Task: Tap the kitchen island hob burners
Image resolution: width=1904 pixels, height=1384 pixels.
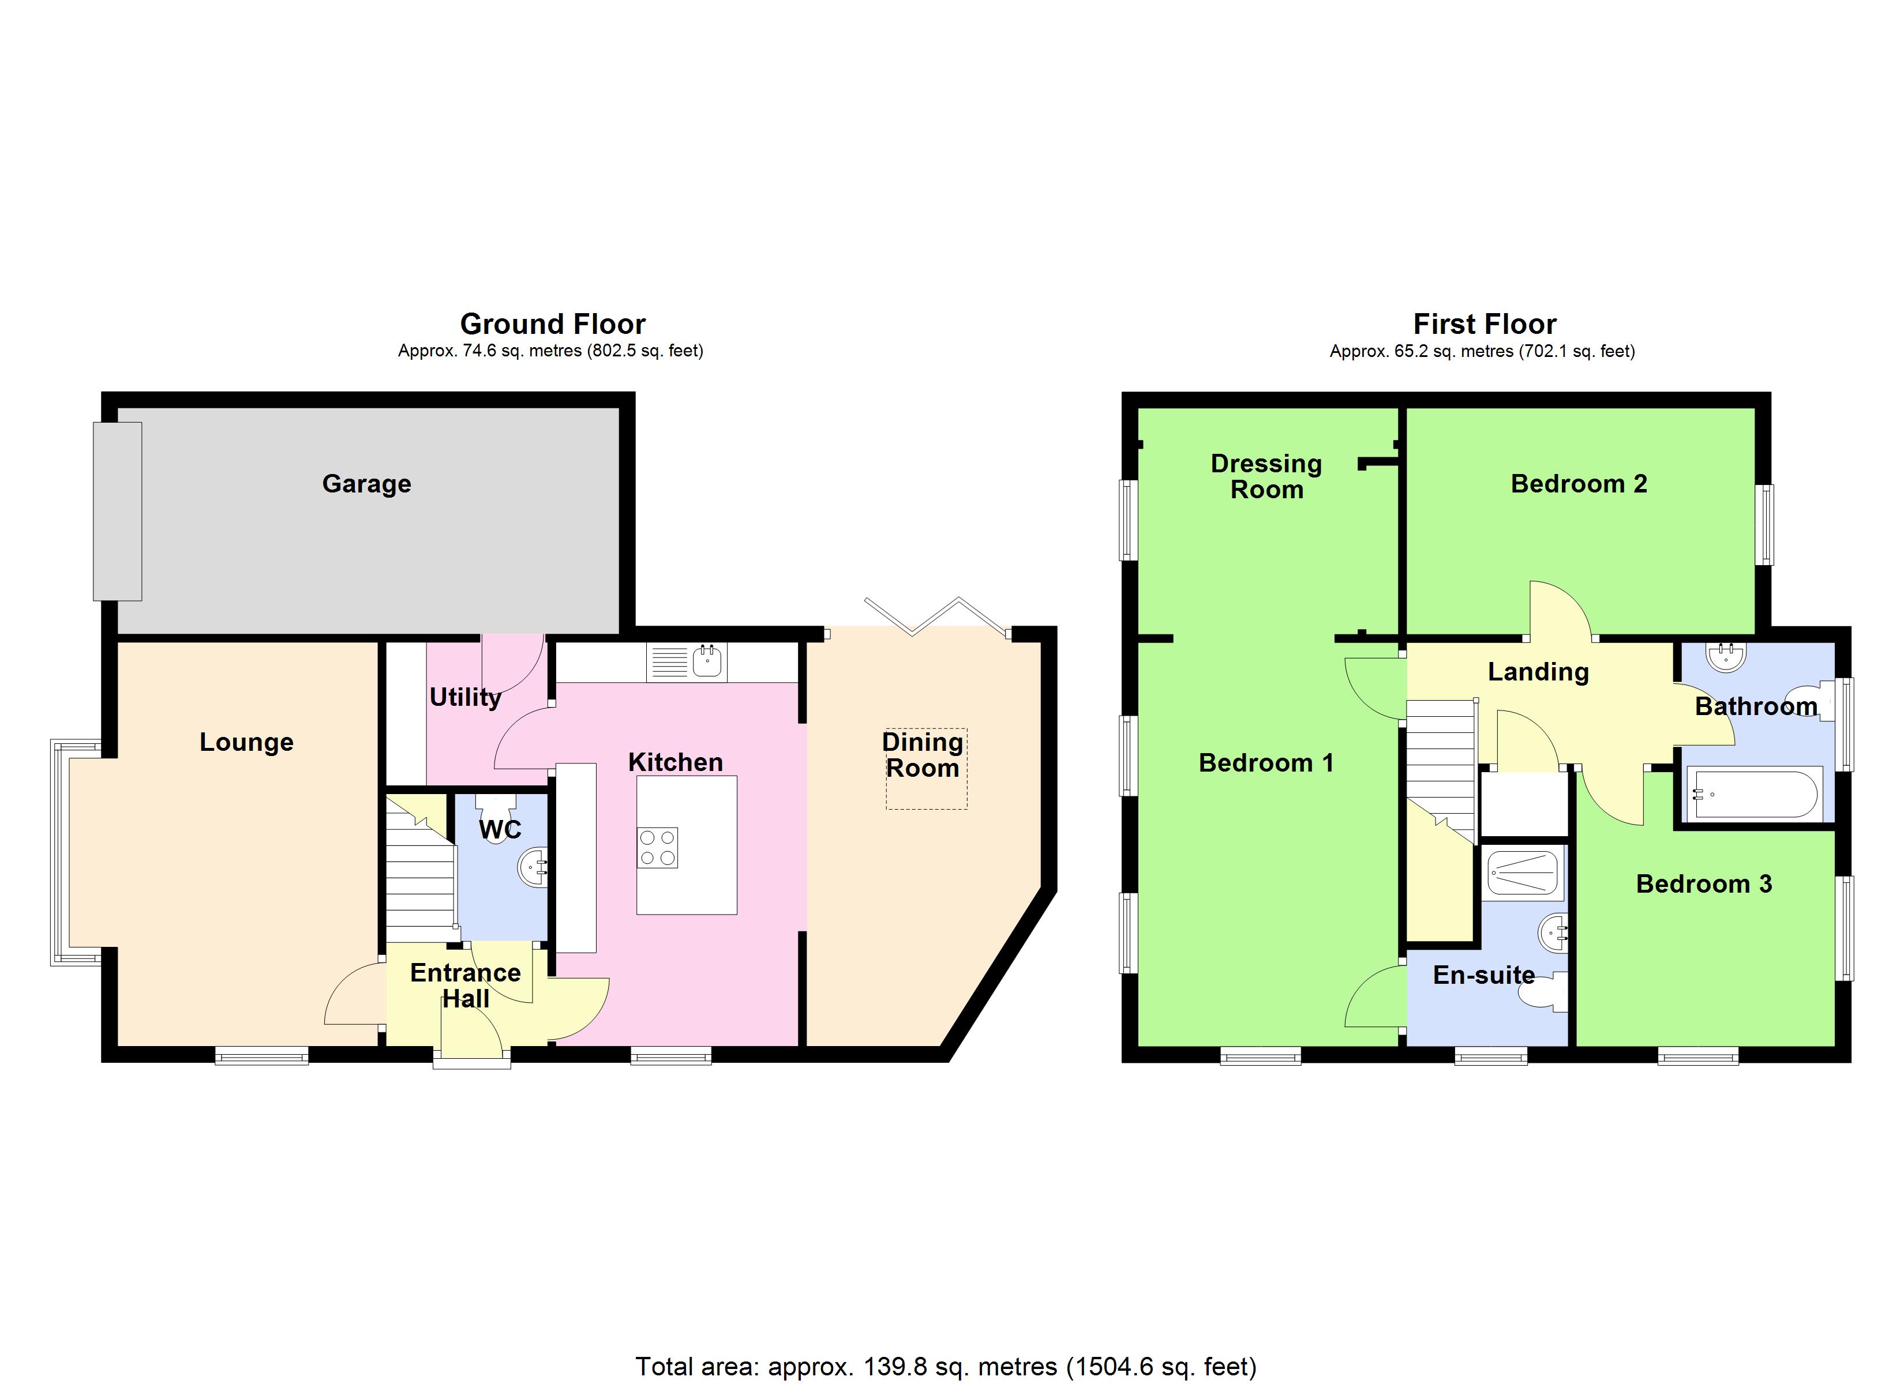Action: (x=657, y=848)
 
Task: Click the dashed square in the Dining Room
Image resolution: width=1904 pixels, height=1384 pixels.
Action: (x=926, y=769)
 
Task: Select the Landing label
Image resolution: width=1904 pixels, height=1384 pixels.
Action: (x=1538, y=672)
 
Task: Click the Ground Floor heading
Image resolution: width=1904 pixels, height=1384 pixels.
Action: (x=552, y=324)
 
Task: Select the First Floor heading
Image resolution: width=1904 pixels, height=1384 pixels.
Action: (x=1484, y=324)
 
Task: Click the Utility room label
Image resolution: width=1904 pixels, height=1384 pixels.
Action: (x=465, y=697)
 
